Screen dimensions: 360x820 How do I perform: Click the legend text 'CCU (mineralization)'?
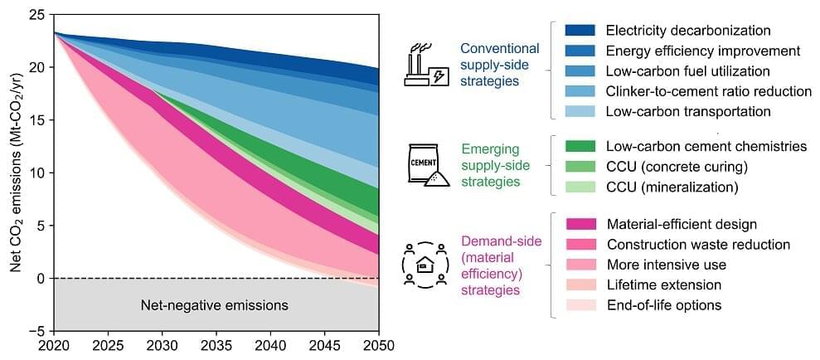pos(672,187)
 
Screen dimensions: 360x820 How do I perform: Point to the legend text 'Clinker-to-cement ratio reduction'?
pos(709,91)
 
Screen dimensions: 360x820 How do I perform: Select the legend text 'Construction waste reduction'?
pos(698,245)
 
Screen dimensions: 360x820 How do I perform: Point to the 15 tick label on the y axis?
pos(38,119)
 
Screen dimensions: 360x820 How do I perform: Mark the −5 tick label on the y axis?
pos(36,330)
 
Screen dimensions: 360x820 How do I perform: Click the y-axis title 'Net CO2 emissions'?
pos(16,173)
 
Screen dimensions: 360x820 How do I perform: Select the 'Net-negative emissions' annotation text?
pos(214,305)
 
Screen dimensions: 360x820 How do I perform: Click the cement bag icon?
pos(428,164)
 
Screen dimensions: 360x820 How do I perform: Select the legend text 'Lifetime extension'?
pos(663,285)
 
